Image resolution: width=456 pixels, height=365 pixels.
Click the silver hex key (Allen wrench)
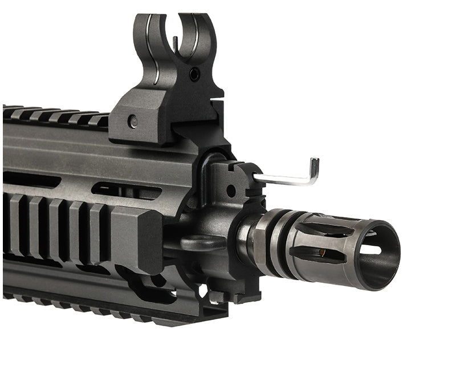(x=285, y=180)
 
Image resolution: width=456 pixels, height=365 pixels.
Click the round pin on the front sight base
(x=133, y=121)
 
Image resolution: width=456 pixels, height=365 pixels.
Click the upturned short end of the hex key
(x=314, y=169)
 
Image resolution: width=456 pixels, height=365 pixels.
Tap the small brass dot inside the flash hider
(x=323, y=252)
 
